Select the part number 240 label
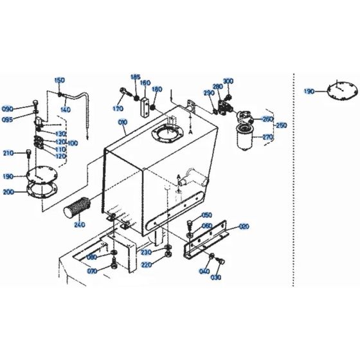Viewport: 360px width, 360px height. pos(79,224)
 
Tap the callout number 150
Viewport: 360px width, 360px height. pos(59,80)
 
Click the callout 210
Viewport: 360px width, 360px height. pos(8,152)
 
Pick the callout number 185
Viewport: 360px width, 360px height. pos(136,76)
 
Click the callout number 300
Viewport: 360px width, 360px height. pos(228,81)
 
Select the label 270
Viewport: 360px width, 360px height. pos(267,137)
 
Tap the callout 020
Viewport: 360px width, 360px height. pos(244,226)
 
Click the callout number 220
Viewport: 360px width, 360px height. pos(147,264)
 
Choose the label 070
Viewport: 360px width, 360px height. pos(92,272)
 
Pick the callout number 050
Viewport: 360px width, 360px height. pos(206,215)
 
